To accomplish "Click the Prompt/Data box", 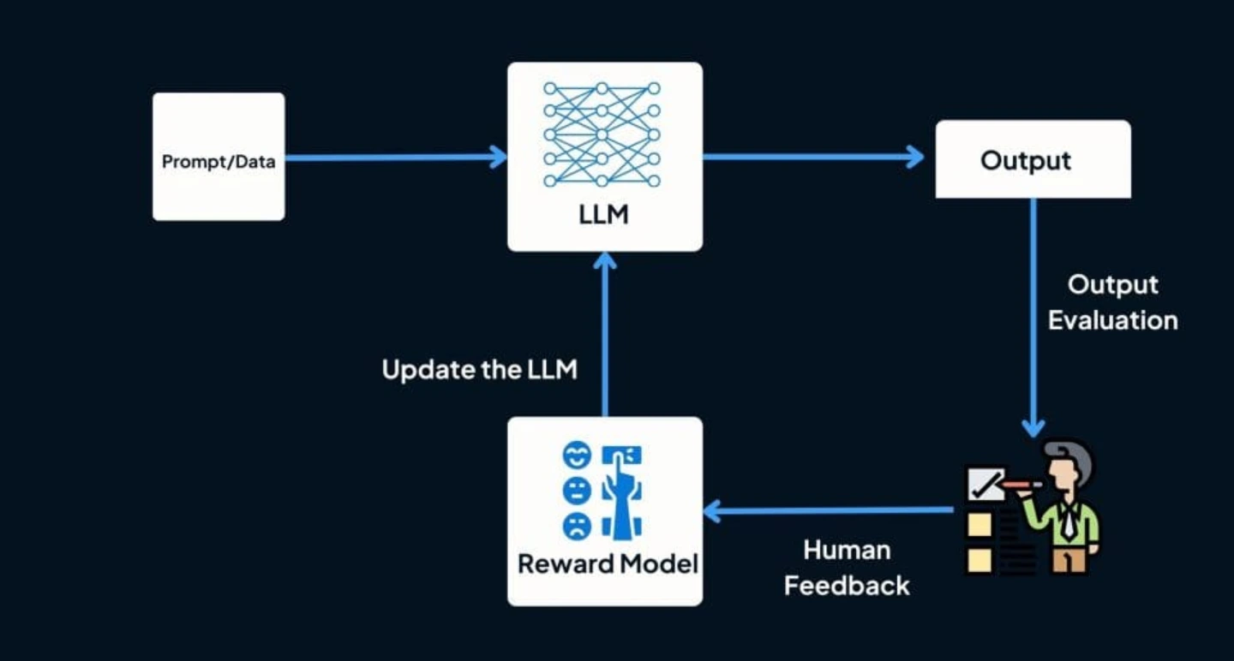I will (219, 158).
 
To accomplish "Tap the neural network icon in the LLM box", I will (602, 134).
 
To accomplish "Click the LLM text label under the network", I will (603, 213).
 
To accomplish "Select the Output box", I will (1033, 159).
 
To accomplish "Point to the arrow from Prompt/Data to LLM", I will (394, 158).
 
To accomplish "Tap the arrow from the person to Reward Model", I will (827, 512).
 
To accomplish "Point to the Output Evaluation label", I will (1112, 302).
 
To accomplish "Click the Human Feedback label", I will (847, 568).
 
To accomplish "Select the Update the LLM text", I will (479, 370).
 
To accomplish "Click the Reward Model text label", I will (608, 564).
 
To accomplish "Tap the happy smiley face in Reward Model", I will (576, 456).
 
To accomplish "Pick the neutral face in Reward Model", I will (576, 490).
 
